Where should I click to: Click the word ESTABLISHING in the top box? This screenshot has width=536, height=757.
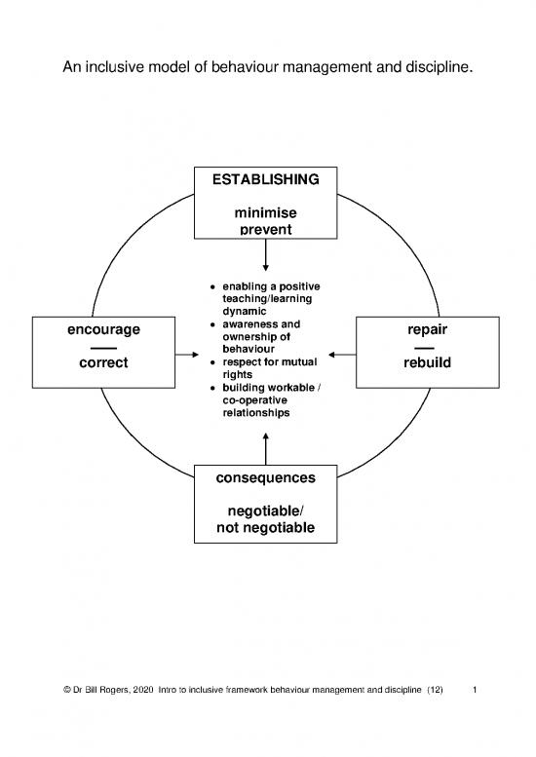tap(265, 180)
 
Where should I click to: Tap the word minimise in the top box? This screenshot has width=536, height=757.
tap(265, 212)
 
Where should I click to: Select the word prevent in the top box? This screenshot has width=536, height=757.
tap(265, 230)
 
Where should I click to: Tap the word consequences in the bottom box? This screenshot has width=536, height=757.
tap(265, 478)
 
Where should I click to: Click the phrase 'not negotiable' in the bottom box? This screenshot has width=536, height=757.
tap(265, 528)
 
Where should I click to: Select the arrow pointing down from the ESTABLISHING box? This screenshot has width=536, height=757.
tap(265, 256)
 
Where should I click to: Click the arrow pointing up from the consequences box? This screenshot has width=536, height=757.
tap(265, 448)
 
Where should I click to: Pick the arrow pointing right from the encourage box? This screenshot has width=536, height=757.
tap(186, 355)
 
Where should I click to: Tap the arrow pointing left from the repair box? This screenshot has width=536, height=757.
tap(344, 355)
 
